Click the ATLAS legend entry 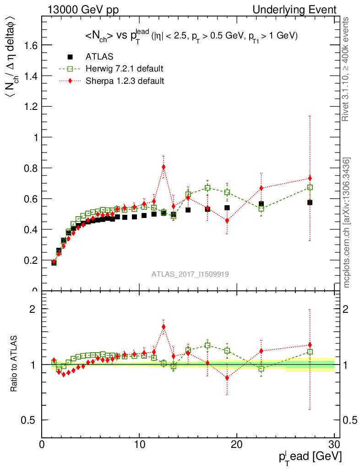pos(99,57)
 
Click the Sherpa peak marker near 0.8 pos(164,167)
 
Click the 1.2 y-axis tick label pos(30,106)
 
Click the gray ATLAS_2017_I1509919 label pos(191,274)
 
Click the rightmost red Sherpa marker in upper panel pos(310,179)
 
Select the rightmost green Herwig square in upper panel pos(310,187)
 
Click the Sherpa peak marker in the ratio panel pos(164,327)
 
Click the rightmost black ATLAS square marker pos(310,202)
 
